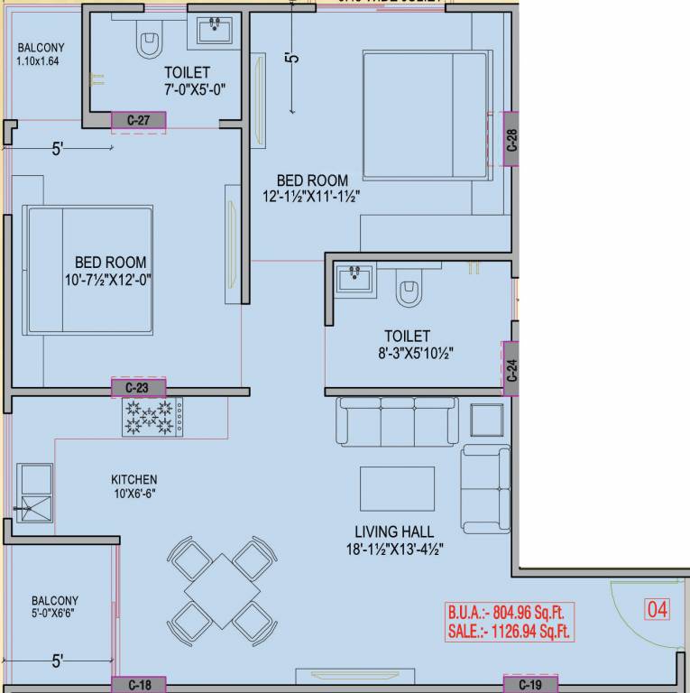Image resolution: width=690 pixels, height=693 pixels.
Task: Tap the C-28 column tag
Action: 511,140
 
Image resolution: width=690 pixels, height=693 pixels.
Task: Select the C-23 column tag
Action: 138,388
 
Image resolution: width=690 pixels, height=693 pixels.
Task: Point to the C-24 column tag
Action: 511,370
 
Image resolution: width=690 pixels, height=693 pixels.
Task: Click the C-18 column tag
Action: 138,686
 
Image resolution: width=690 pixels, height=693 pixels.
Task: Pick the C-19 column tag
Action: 530,686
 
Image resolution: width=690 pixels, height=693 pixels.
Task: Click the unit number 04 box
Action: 658,610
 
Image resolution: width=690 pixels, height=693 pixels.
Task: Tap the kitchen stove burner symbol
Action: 152,418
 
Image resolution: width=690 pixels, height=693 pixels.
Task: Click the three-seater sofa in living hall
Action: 397,420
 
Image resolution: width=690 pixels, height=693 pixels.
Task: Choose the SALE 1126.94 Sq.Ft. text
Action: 510,633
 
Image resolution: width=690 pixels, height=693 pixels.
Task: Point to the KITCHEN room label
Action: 134,479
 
